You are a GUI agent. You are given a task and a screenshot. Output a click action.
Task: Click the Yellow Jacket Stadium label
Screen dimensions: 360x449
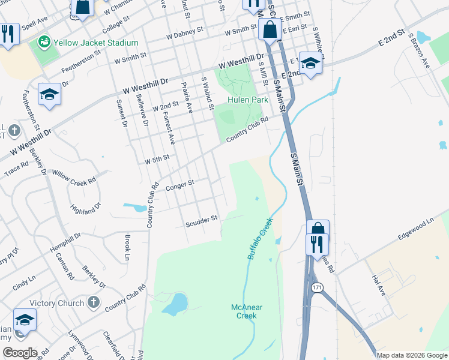pyautogui.click(x=95, y=43)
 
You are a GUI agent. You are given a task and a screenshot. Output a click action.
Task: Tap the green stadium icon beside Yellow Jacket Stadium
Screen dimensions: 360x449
pyautogui.click(x=43, y=42)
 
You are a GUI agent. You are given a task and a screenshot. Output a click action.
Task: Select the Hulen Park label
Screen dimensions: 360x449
pyautogui.click(x=247, y=100)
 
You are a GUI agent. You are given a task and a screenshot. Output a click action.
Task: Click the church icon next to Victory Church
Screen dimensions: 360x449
pyautogui.click(x=93, y=302)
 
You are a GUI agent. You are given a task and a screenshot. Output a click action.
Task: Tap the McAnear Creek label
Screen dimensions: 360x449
pyautogui.click(x=247, y=311)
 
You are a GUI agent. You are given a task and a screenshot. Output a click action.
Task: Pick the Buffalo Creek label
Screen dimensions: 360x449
pyautogui.click(x=261, y=238)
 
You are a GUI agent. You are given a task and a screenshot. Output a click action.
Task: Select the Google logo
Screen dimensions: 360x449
pyautogui.click(x=19, y=353)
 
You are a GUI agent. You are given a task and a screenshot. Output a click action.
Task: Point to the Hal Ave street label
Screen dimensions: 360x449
pyautogui.click(x=378, y=284)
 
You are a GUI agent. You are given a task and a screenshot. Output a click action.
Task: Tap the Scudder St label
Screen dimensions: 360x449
pyautogui.click(x=200, y=221)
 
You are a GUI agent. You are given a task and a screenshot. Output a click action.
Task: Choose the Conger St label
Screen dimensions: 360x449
pyautogui.click(x=180, y=184)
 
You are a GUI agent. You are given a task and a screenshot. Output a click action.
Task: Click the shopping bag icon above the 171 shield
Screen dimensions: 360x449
pyautogui.click(x=318, y=228)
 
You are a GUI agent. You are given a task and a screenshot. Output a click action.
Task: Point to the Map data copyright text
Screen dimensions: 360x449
pyautogui.click(x=411, y=355)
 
